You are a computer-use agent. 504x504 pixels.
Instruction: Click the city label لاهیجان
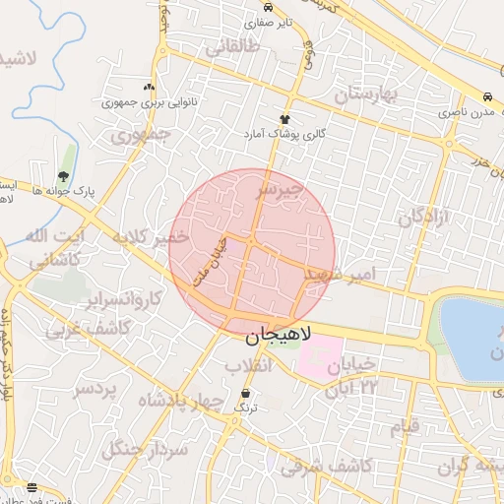tap(277, 336)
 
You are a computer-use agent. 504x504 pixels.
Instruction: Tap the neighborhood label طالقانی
tap(229, 45)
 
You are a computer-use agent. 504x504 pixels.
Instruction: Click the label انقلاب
tap(248, 365)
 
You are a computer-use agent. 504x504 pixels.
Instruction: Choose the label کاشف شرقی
tap(326, 466)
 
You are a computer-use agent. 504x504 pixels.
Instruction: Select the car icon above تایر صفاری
tap(268, 6)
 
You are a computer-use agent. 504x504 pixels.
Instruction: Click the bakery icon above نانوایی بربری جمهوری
tap(150, 87)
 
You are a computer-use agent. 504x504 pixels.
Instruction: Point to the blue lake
tap(472, 340)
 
